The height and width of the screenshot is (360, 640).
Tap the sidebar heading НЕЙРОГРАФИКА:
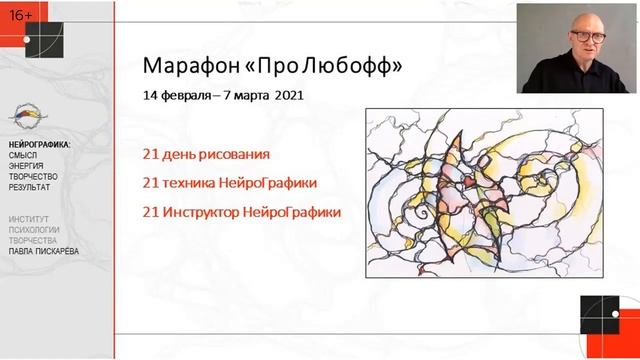(39, 145)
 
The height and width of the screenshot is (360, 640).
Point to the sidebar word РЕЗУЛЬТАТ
(30, 187)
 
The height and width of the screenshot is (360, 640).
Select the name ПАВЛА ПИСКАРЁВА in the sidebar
(46, 250)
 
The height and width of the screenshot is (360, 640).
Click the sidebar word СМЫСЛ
(24, 156)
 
